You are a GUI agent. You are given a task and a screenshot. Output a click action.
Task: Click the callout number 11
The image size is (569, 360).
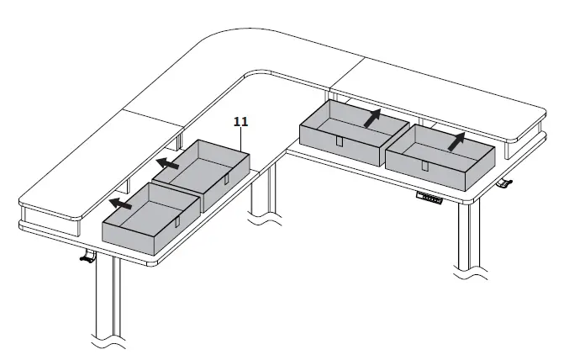pyautogui.click(x=240, y=122)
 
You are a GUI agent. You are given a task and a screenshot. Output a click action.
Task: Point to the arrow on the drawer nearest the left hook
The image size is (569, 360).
pyautogui.click(x=121, y=203)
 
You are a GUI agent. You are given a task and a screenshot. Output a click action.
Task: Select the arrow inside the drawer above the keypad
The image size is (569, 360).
pyautogui.click(x=456, y=140)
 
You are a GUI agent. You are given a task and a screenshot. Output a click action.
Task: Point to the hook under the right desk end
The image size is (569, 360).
pyautogui.click(x=503, y=183)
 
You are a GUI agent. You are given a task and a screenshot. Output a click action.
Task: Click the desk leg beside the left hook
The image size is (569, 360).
pyautogui.click(x=105, y=303)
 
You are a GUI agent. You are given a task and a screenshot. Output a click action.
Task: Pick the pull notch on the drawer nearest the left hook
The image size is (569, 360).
pyautogui.click(x=177, y=223)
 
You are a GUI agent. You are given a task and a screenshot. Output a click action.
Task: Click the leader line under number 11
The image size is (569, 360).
pyautogui.click(x=244, y=140)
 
